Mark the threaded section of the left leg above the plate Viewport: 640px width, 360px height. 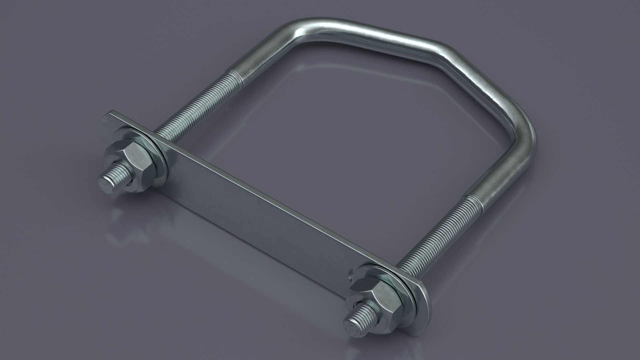(x=193, y=107)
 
